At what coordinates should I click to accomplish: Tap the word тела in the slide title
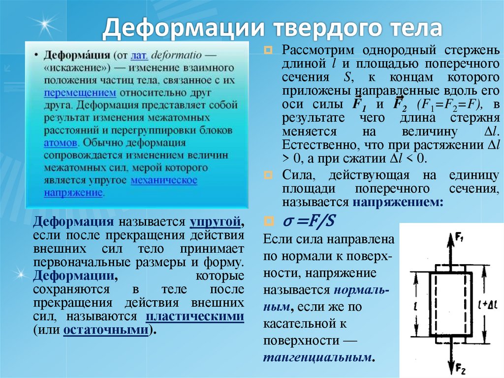(x=413, y=29)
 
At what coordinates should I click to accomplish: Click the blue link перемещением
(x=80, y=92)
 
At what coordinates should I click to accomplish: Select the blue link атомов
(x=60, y=142)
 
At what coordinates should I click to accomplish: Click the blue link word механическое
(x=164, y=180)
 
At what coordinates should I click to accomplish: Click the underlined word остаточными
(x=106, y=330)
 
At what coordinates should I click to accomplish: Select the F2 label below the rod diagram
(x=461, y=368)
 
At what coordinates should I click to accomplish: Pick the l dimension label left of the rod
(x=416, y=306)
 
